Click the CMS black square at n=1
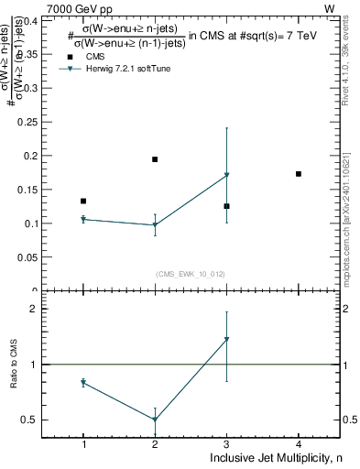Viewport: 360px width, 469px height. [x=83, y=201]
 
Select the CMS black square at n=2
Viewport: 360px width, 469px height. [x=155, y=159]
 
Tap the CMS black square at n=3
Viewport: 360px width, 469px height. [x=226, y=206]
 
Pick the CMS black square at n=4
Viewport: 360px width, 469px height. [x=299, y=173]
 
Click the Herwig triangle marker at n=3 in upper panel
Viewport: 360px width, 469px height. [x=226, y=175]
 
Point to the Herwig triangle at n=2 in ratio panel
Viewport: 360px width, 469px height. [x=155, y=420]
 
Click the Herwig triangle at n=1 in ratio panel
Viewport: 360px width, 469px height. [x=83, y=382]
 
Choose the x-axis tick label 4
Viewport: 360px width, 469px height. [x=299, y=444]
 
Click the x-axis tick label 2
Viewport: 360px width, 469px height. [x=155, y=444]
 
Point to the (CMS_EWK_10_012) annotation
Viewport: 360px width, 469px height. [x=191, y=273]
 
